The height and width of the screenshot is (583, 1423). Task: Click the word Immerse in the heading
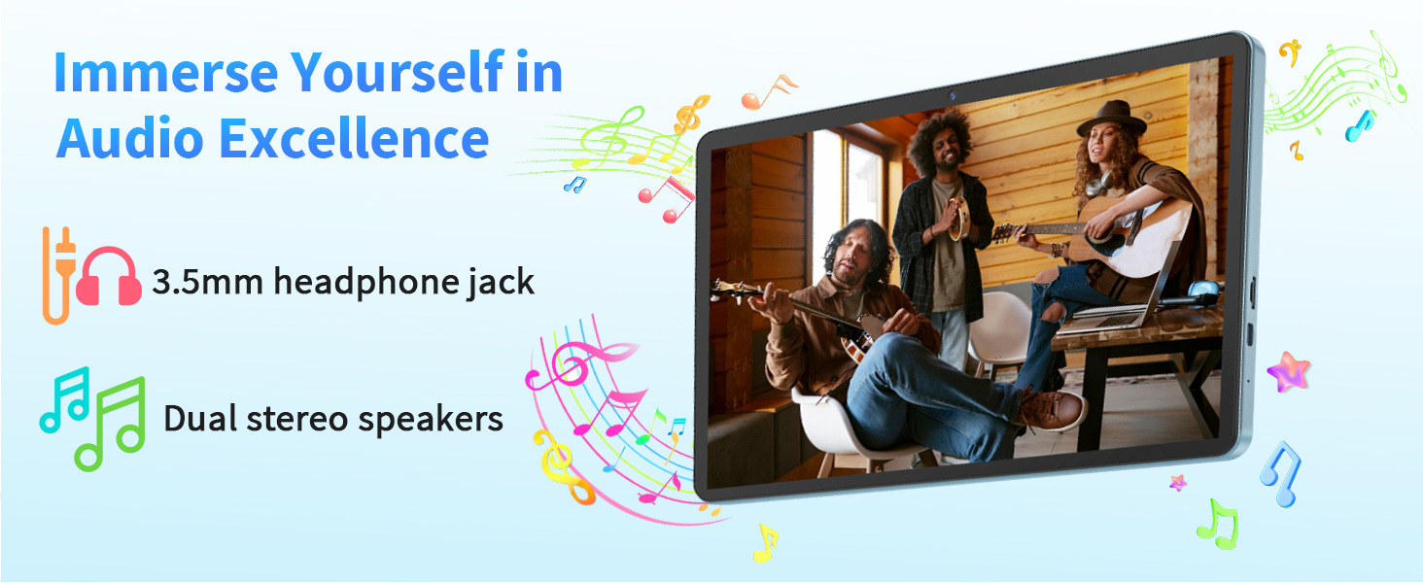(166, 73)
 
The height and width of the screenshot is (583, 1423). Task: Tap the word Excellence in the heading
(354, 138)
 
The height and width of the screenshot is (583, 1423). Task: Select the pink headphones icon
(108, 276)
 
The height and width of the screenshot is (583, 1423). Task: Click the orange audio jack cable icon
(58, 276)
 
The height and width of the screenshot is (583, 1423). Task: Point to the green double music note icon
(110, 424)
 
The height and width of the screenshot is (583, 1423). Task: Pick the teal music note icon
(64, 400)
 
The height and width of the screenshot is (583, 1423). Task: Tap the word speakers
(431, 420)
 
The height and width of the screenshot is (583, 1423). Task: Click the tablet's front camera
(953, 96)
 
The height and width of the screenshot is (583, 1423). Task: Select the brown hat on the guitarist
(1111, 119)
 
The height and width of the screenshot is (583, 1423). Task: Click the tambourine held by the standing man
(958, 218)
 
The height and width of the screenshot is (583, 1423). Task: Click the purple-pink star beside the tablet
(1288, 371)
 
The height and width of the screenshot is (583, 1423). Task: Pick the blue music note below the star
(1283, 474)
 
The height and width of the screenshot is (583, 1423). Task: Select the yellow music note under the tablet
(766, 542)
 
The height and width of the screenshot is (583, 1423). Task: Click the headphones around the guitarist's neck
(1097, 185)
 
